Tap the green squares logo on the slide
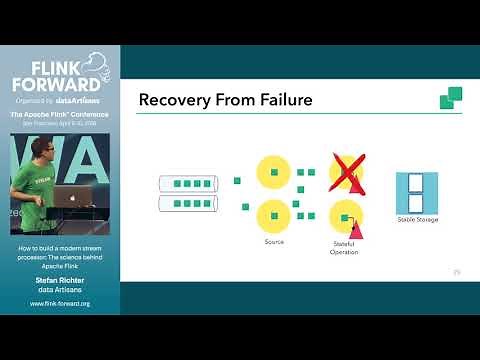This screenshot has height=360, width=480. point(451,97)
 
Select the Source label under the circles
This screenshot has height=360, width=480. point(274,241)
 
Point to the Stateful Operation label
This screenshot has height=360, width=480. point(344,247)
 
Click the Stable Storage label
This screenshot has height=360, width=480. point(417,219)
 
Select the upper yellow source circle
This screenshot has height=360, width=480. point(273,173)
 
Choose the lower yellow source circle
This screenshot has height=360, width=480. point(273,214)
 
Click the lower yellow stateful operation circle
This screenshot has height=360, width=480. point(345,215)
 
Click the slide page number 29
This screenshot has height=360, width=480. point(457,271)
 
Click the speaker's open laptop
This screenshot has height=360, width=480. point(71,198)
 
